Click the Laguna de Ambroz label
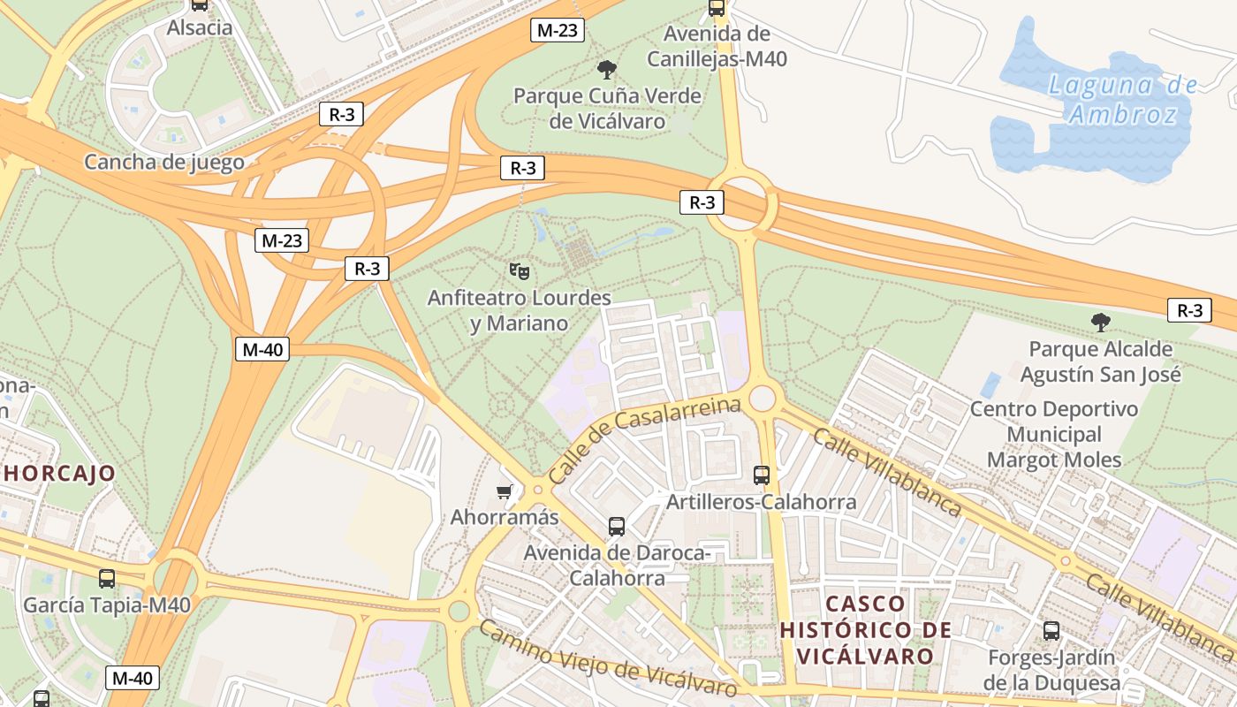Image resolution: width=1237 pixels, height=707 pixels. tap(1122, 99)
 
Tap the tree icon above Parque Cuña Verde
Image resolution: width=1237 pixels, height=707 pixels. tap(606, 70)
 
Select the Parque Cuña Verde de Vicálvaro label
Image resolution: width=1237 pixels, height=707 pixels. tap(607, 109)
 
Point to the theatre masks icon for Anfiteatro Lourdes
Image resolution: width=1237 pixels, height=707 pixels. tap(519, 270)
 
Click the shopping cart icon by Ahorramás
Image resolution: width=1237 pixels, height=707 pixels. tap(505, 491)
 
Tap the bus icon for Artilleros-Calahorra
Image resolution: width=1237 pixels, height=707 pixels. tap(761, 475)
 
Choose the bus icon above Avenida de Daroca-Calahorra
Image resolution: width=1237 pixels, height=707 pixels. tap(617, 527)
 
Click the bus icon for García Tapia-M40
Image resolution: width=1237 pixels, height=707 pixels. tap(107, 579)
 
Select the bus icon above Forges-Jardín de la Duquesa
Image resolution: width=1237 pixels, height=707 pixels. tap(1051, 631)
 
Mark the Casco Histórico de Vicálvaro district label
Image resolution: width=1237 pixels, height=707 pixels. tap(866, 630)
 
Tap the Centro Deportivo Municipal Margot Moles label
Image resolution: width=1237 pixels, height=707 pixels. tap(1054, 435)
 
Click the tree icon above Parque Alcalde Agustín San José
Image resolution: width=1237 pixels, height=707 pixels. tap(1100, 323)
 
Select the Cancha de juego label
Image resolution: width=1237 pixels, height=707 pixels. tap(163, 162)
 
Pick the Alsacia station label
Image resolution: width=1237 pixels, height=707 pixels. tap(200, 27)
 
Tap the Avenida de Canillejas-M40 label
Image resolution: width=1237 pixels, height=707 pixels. tap(717, 47)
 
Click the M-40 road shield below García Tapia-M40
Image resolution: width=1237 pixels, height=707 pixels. tap(133, 678)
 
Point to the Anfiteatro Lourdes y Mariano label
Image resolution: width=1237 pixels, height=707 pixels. tap(519, 310)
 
